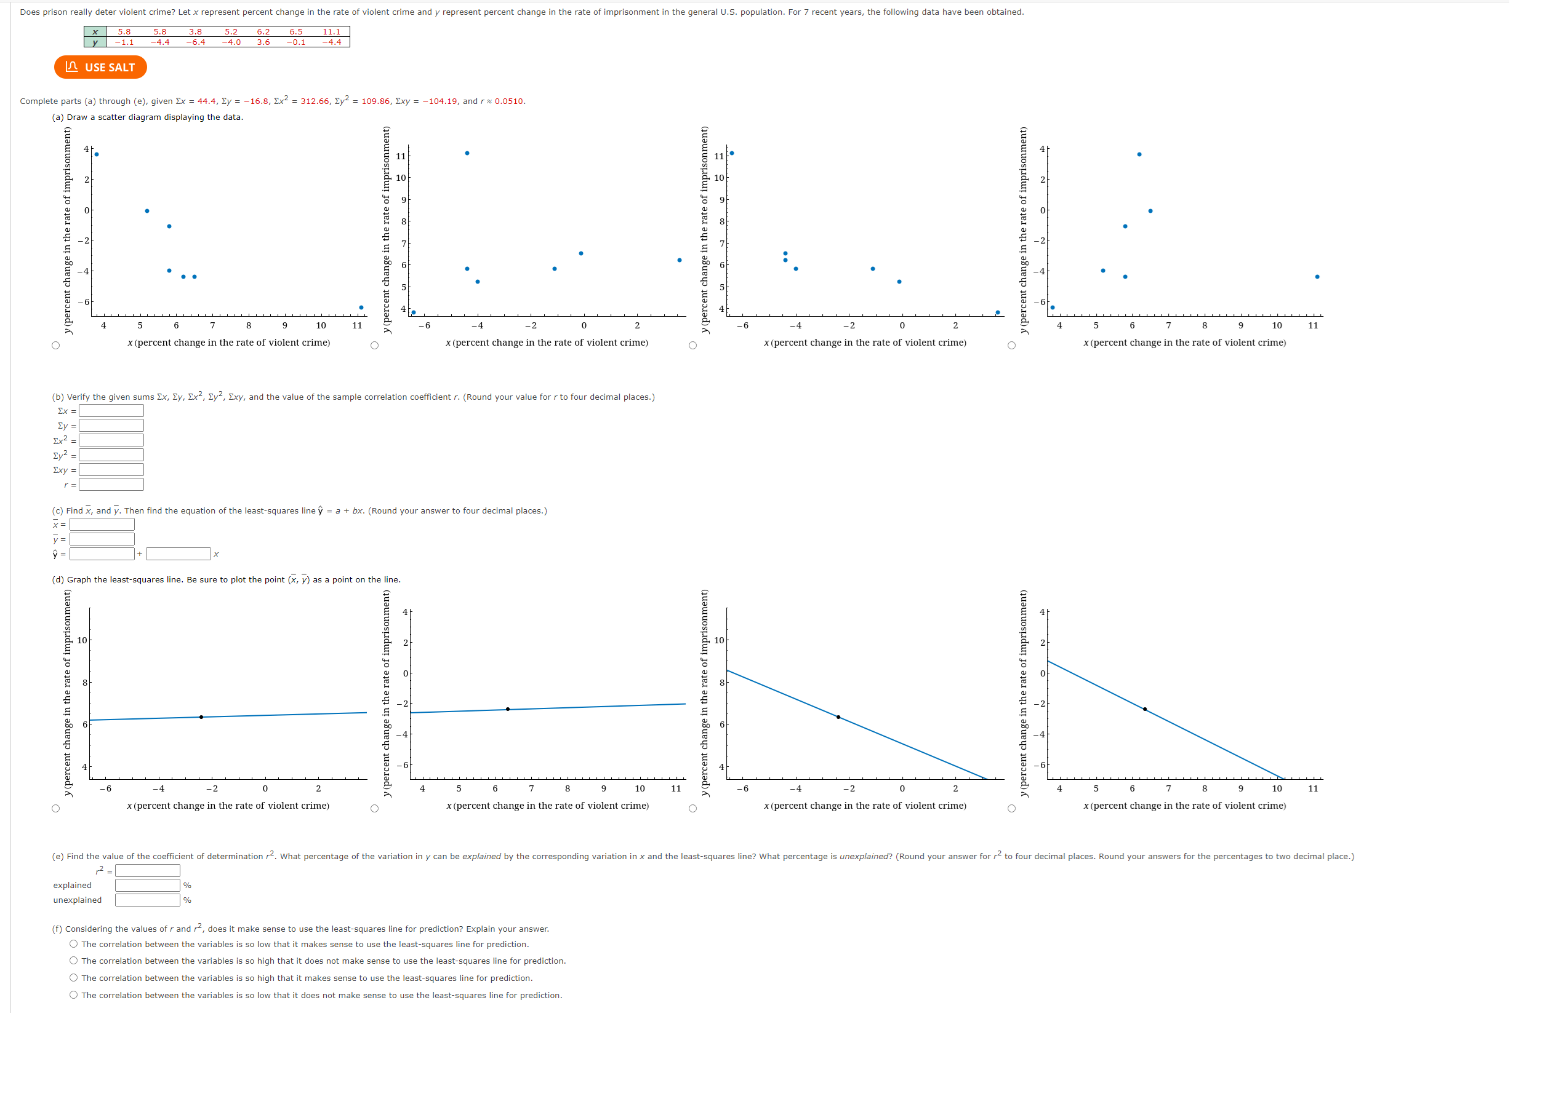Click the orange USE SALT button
pyautogui.click(x=100, y=67)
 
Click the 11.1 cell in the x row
pyautogui.click(x=332, y=31)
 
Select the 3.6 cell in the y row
pyautogui.click(x=263, y=42)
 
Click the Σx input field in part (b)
pyautogui.click(x=111, y=411)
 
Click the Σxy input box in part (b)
pyautogui.click(x=111, y=470)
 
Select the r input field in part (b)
pyautogui.click(x=111, y=485)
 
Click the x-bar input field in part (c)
pyautogui.click(x=102, y=525)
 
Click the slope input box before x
pyautogui.click(x=178, y=554)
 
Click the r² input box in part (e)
pyautogui.click(x=147, y=871)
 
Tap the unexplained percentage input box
pyautogui.click(x=147, y=900)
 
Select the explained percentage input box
pyautogui.click(x=147, y=886)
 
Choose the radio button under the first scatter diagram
pyautogui.click(x=56, y=346)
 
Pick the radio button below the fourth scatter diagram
pyautogui.click(x=1011, y=346)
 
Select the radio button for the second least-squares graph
pyautogui.click(x=374, y=809)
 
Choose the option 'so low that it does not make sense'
pyautogui.click(x=74, y=995)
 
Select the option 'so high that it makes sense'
pyautogui.click(x=74, y=978)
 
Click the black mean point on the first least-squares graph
pyautogui.click(x=201, y=717)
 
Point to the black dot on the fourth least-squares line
pyautogui.click(x=1144, y=710)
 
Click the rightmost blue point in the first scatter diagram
pyautogui.click(x=361, y=307)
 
